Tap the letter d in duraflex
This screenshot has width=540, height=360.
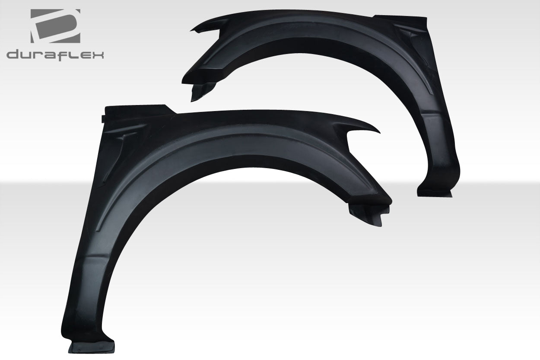13,55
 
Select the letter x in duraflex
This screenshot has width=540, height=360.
97,55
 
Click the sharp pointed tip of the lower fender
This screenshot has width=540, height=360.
378,131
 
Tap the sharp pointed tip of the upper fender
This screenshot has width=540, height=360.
193,30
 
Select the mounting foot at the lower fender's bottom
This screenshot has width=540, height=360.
92,346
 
